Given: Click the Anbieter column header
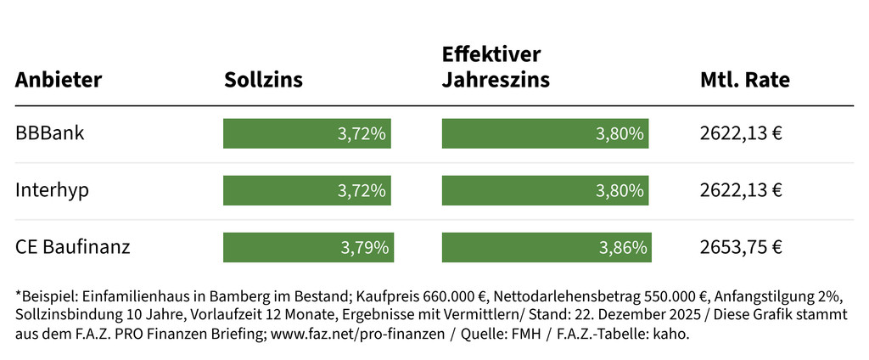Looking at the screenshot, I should (x=59, y=81).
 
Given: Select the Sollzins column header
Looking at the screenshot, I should (x=263, y=81).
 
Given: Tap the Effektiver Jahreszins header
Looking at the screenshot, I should (x=496, y=68).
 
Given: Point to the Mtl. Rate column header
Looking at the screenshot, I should (x=745, y=81).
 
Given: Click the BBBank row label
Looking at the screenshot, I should (x=49, y=133).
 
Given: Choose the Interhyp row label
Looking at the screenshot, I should (x=52, y=190).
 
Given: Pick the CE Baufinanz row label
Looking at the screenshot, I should (x=72, y=247).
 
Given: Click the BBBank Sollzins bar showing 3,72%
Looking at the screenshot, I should (x=306, y=133).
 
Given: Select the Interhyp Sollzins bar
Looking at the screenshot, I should (x=306, y=190).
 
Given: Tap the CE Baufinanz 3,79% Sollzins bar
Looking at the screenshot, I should (x=308, y=247).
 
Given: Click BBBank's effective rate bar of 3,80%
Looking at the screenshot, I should (x=545, y=133).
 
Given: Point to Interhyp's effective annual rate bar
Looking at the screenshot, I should (x=545, y=190).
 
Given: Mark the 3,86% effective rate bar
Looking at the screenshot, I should (x=547, y=247).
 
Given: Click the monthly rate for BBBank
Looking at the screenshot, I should (x=741, y=133).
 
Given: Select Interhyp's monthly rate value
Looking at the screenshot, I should (x=741, y=190).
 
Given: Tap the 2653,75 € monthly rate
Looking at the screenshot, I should (x=741, y=247).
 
